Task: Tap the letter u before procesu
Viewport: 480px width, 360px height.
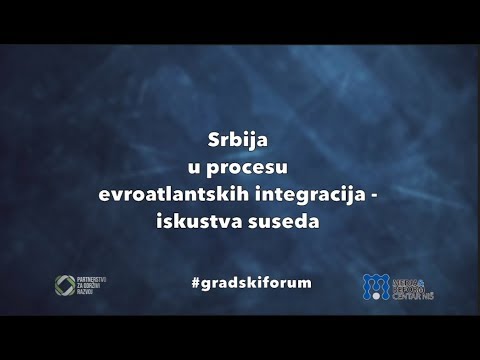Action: tap(193, 165)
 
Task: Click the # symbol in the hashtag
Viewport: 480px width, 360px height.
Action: tap(195, 282)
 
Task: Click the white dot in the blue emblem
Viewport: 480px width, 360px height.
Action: tap(376, 293)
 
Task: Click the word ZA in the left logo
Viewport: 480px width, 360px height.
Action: tap(86, 287)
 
